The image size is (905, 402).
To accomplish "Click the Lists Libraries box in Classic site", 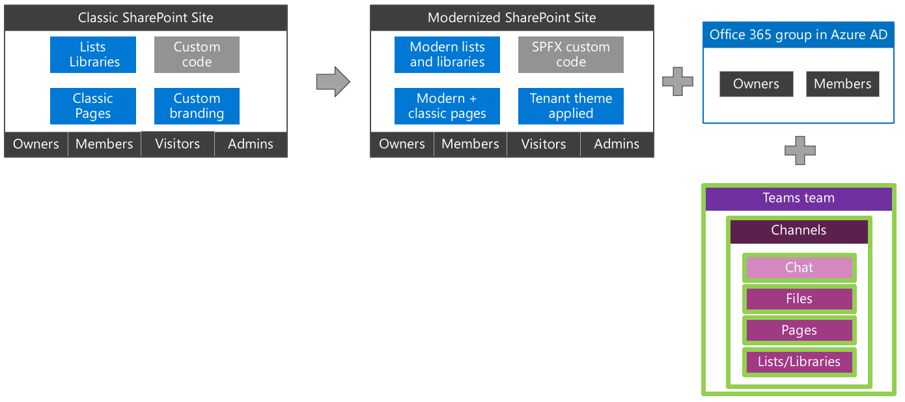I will pos(93,55).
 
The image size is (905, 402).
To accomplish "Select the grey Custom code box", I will pos(197,55).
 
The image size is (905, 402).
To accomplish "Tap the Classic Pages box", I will pos(93,106).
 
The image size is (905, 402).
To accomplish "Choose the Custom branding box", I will pos(197,106).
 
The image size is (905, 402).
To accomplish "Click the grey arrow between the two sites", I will pos(333,82).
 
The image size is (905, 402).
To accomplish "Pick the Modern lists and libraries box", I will pos(447,55).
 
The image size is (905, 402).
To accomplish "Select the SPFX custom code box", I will pos(570,55).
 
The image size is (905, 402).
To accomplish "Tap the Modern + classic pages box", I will pos(447,106).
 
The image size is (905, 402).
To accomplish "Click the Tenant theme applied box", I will pos(570,106).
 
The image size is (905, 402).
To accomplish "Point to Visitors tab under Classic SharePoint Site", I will pos(178,144).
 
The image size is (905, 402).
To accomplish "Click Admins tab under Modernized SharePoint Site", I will pos(617,145).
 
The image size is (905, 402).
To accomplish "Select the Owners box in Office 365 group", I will pos(756,84).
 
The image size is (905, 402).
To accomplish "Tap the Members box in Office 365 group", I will pos(842,84).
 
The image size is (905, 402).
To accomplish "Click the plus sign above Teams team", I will pos(800,151).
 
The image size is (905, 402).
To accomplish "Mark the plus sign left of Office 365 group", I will pos(678,82).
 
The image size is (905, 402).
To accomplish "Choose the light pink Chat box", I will pos(799,268).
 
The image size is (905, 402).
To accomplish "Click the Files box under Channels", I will pos(799,299).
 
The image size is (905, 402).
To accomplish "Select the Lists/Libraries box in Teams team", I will pos(799,362).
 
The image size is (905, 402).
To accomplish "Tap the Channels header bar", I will pos(799,231).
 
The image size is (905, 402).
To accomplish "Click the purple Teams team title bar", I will pos(799,199).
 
